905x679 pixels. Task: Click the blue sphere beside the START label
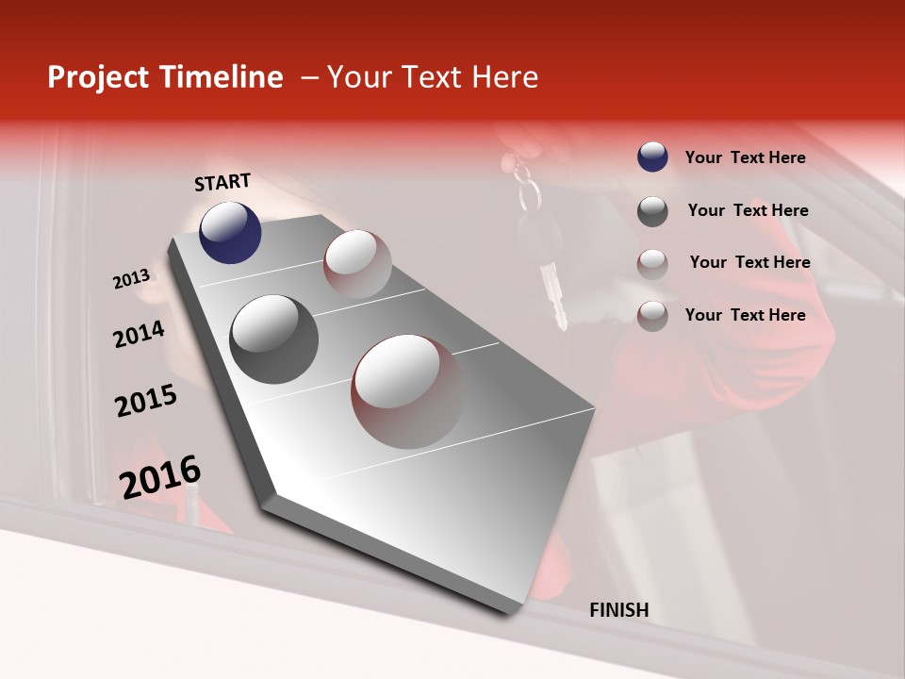click(x=230, y=232)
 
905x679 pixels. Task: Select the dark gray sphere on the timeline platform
click(x=273, y=339)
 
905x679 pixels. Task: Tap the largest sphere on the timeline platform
click(x=407, y=390)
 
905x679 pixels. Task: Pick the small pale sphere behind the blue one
click(x=357, y=263)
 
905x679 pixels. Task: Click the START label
click(x=222, y=183)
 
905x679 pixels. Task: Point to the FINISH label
click(x=618, y=610)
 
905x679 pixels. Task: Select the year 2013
click(x=131, y=279)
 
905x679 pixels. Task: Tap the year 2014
click(x=139, y=335)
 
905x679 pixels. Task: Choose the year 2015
click(x=146, y=402)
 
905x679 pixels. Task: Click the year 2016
click(x=160, y=477)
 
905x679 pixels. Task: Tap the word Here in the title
click(x=504, y=77)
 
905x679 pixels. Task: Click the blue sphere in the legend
click(x=652, y=157)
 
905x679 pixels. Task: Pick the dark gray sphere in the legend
click(x=652, y=211)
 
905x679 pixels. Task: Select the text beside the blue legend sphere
click(x=745, y=157)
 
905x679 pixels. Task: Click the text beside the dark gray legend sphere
click(x=748, y=210)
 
